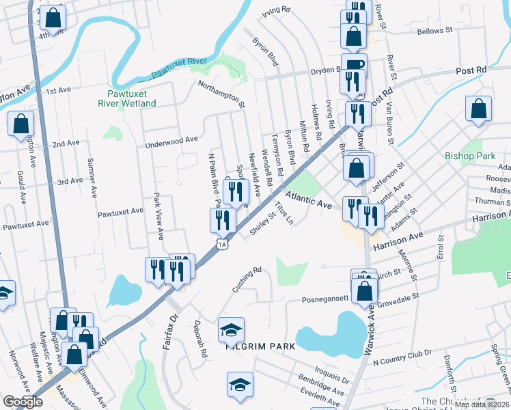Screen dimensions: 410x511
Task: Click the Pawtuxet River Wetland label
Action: (x=131, y=98)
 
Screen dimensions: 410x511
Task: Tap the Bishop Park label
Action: (x=469, y=156)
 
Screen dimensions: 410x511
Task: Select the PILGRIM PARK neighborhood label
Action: (x=260, y=346)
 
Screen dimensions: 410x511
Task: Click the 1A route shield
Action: (x=222, y=243)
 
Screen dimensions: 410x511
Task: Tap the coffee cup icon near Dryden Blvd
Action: (x=354, y=66)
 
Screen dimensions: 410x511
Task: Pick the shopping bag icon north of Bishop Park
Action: (x=479, y=109)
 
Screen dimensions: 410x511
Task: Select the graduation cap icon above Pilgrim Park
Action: (x=232, y=329)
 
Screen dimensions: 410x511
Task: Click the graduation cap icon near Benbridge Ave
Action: (x=240, y=385)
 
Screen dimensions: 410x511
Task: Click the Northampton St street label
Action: (x=221, y=95)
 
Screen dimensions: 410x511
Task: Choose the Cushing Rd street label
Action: (x=247, y=279)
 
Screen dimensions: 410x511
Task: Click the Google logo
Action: (x=23, y=402)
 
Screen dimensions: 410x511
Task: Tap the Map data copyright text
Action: (x=481, y=405)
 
